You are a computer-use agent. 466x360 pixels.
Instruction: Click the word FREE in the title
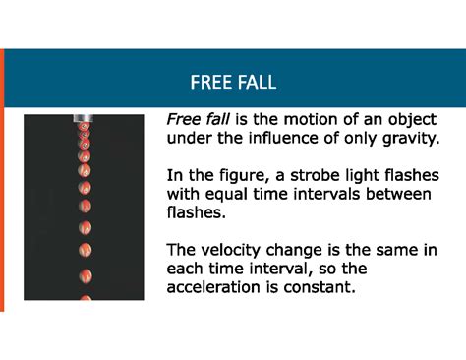point(211,81)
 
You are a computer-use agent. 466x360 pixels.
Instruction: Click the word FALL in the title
point(256,81)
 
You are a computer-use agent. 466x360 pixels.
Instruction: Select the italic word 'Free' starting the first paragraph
point(184,119)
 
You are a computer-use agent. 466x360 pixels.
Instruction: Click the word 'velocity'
point(230,250)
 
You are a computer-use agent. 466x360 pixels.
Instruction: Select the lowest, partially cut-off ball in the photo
point(86,296)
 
